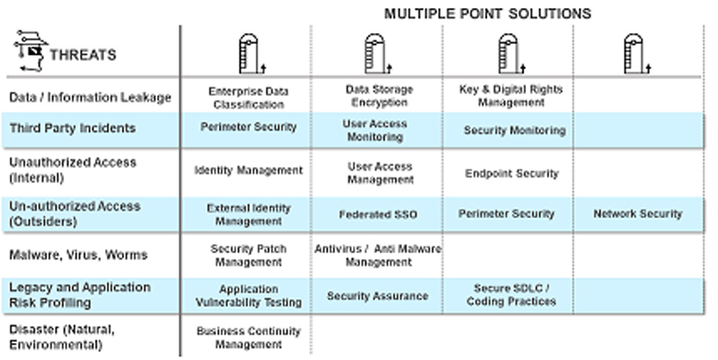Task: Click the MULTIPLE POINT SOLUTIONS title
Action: [x=487, y=13]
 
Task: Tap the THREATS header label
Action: [x=83, y=55]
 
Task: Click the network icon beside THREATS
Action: [x=31, y=51]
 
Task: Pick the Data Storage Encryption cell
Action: [x=379, y=96]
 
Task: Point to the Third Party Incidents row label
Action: [x=72, y=128]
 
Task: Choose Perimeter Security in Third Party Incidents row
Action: [x=248, y=127]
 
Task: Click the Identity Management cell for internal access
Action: [x=249, y=170]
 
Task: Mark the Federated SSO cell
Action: [x=378, y=215]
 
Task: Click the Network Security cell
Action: [x=637, y=214]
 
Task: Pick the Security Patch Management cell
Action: [x=247, y=256]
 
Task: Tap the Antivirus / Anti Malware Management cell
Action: [x=378, y=255]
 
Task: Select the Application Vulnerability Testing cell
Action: [x=247, y=297]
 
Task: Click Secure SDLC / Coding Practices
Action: [x=512, y=294]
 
